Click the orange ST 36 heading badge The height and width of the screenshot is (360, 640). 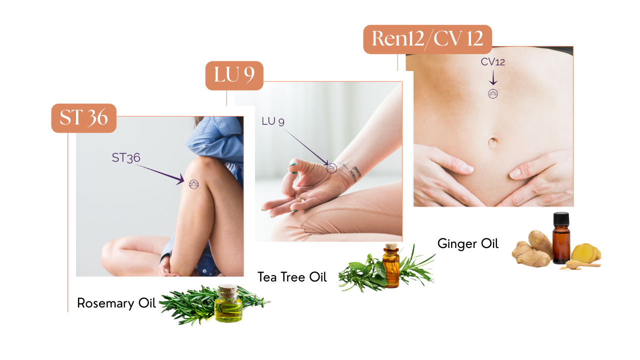pyautogui.click(x=83, y=118)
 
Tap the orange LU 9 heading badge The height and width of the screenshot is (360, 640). pyautogui.click(x=234, y=75)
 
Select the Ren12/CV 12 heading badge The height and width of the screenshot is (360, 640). pyautogui.click(x=427, y=39)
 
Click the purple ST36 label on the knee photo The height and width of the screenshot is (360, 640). pyautogui.click(x=126, y=157)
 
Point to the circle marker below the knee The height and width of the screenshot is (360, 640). pyautogui.click(x=193, y=184)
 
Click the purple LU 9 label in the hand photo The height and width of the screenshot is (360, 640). pyautogui.click(x=273, y=121)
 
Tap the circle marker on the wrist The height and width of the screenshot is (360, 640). pyautogui.click(x=331, y=168)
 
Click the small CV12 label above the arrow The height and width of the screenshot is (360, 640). pyautogui.click(x=493, y=61)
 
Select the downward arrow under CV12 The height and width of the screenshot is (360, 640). pyautogui.click(x=493, y=77)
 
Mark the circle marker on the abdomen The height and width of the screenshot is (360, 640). pyautogui.click(x=493, y=93)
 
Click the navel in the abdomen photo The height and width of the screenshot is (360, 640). pyautogui.click(x=492, y=142)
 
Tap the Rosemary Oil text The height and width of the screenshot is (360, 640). pyautogui.click(x=116, y=303)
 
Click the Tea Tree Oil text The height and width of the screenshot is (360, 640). pyautogui.click(x=292, y=277)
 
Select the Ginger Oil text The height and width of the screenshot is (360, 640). pyautogui.click(x=468, y=243)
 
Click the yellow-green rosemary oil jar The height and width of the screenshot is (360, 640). pyautogui.click(x=228, y=303)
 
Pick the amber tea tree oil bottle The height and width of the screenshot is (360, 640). pyautogui.click(x=391, y=265)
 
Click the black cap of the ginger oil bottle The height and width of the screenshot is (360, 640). pyautogui.click(x=561, y=218)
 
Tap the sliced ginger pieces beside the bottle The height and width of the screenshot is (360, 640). pyautogui.click(x=585, y=253)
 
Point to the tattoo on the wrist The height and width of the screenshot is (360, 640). pyautogui.click(x=351, y=172)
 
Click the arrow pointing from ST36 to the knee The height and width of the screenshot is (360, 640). pyautogui.click(x=159, y=173)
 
